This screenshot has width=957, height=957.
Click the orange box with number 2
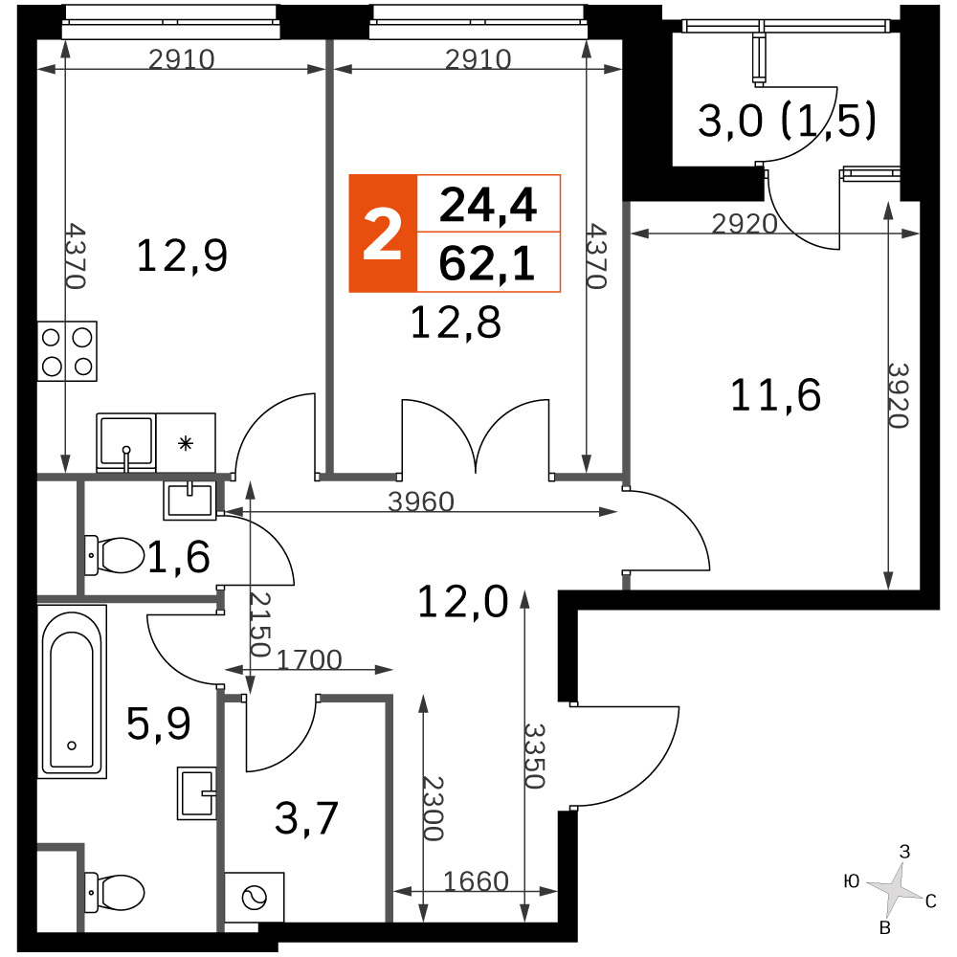tap(383, 234)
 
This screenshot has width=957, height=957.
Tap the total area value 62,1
tap(487, 264)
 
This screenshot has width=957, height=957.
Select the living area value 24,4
tap(488, 206)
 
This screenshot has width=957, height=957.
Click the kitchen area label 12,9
tap(182, 256)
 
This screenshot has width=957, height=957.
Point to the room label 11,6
tap(775, 395)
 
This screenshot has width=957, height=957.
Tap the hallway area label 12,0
tap(462, 602)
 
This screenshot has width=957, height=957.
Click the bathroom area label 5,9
tap(158, 723)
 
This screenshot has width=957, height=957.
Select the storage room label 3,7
tap(306, 818)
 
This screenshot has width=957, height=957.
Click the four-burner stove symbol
tap(67, 351)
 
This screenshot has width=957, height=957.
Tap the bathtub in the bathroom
tap(72, 692)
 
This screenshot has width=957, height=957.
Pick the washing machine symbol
tap(255, 898)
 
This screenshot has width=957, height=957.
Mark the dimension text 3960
tap(421, 502)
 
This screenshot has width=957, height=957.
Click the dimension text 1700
tap(309, 659)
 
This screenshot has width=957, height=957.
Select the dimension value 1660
tap(476, 881)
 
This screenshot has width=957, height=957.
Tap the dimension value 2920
tap(745, 224)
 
